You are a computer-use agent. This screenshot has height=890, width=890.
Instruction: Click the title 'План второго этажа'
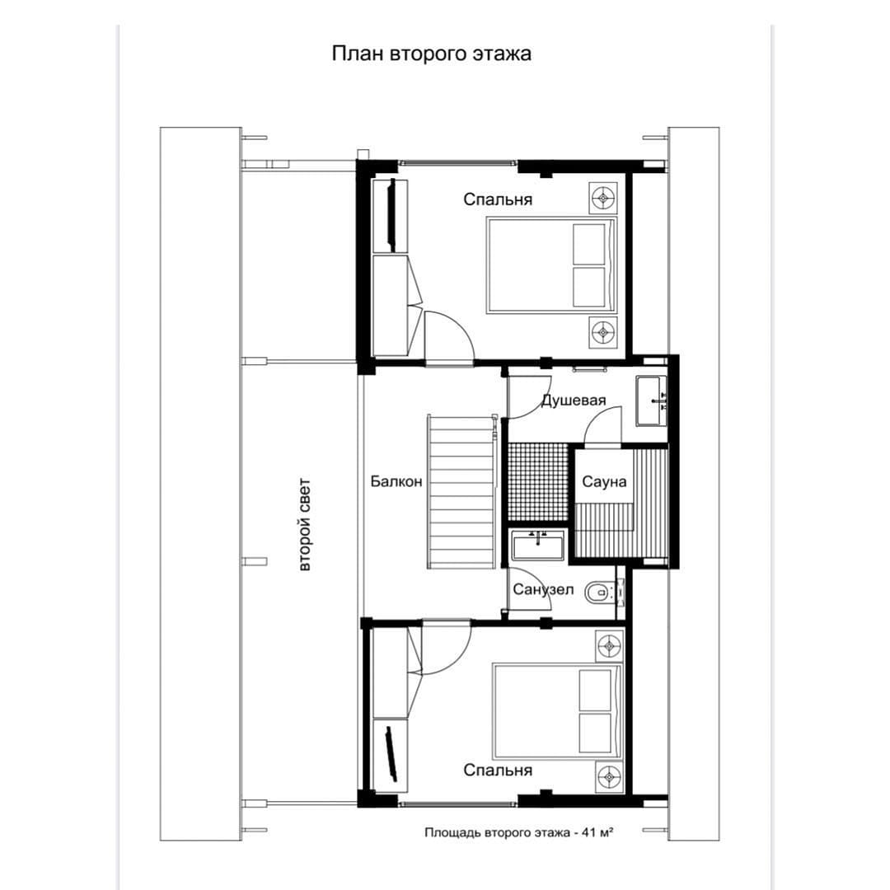(x=431, y=54)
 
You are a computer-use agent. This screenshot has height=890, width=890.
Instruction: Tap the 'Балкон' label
(x=396, y=481)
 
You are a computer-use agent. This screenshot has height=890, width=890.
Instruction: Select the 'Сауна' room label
(x=605, y=482)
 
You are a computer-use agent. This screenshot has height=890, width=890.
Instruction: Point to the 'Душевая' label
(x=574, y=400)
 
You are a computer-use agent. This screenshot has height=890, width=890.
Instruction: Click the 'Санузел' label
(x=543, y=590)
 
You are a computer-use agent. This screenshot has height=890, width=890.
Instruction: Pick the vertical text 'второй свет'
(x=305, y=525)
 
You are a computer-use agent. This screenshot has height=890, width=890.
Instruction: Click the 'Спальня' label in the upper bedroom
(x=498, y=199)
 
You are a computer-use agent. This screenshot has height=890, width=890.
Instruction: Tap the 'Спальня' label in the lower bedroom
(x=498, y=771)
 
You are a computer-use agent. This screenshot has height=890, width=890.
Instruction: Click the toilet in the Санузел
(x=599, y=593)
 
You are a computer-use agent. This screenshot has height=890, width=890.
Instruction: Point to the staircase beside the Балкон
(x=462, y=491)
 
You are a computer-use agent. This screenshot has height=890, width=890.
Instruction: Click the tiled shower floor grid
(x=538, y=482)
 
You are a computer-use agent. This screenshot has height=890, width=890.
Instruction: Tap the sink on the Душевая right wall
(x=651, y=400)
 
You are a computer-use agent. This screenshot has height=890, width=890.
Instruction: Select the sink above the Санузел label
(x=538, y=544)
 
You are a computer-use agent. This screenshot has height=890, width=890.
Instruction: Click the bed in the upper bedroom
(x=551, y=265)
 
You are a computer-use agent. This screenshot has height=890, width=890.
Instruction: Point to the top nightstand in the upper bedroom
(x=602, y=198)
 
